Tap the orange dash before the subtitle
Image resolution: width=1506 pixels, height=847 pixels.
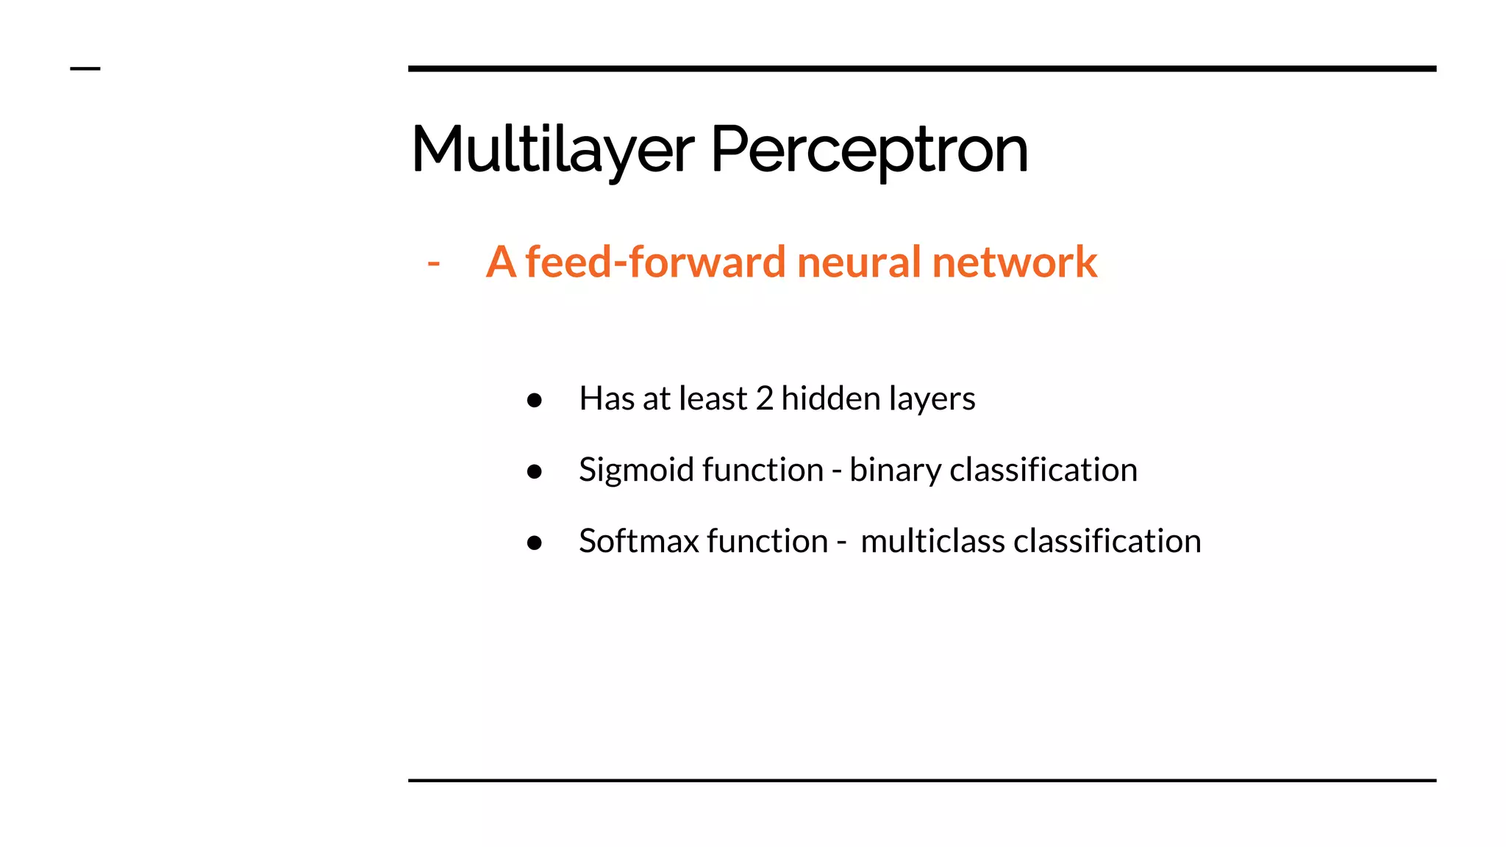click(434, 262)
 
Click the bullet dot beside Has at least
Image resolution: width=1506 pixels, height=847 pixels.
click(535, 400)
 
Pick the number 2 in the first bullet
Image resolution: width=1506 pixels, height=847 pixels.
click(765, 399)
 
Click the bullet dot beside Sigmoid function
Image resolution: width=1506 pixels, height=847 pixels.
click(535, 471)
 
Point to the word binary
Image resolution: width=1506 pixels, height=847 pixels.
click(894, 471)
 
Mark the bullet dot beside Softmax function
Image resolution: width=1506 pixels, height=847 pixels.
click(535, 543)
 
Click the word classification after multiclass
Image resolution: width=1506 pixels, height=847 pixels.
click(1107, 541)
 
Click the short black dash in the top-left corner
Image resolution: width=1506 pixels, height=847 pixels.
click(85, 69)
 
